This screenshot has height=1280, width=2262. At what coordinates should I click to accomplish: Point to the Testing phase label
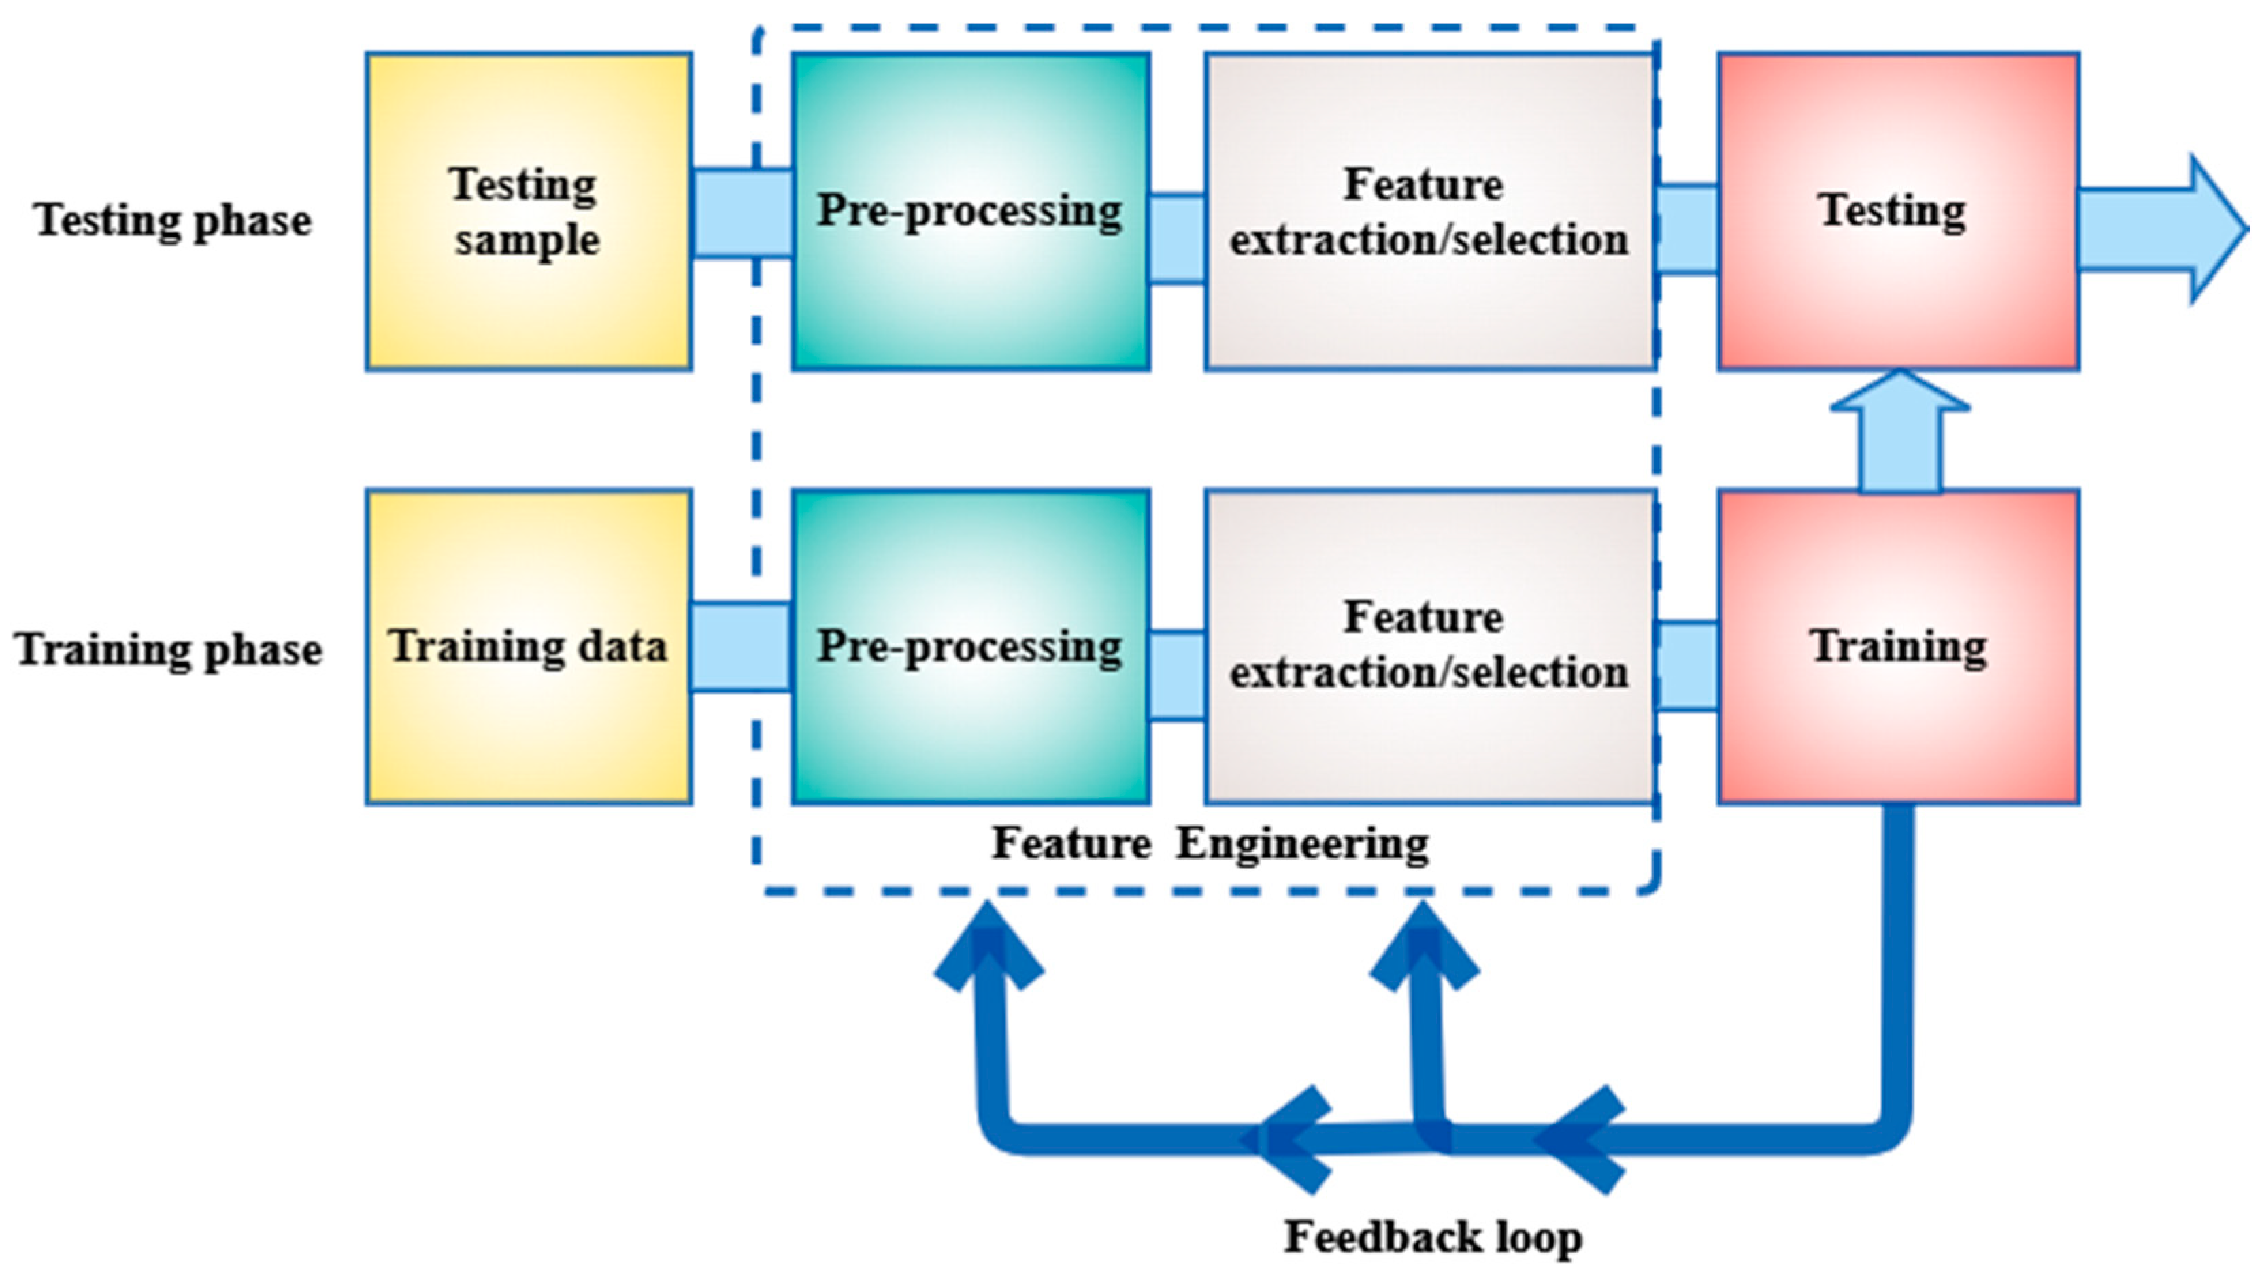click(172, 220)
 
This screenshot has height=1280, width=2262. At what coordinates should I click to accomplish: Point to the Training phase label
click(169, 651)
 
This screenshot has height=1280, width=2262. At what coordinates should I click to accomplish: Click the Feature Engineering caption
click(1210, 844)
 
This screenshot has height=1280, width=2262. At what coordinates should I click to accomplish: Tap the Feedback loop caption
click(1433, 1238)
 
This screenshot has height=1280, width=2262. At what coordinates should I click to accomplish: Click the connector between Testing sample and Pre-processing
click(741, 214)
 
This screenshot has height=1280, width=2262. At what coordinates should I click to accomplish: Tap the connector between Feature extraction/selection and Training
click(1686, 665)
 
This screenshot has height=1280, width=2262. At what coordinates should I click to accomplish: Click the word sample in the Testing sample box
click(527, 240)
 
